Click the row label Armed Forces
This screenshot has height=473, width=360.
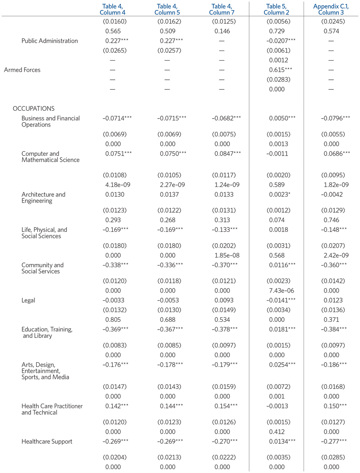pos(22,70)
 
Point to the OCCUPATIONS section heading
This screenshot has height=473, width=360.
pos(34,109)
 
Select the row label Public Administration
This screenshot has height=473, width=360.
pos(50,41)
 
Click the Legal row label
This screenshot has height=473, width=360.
pos(29,300)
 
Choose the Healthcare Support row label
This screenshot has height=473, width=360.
pos(47,442)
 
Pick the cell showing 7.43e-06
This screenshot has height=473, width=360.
pos(277,291)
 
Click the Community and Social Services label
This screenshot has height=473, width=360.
pos(42,268)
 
